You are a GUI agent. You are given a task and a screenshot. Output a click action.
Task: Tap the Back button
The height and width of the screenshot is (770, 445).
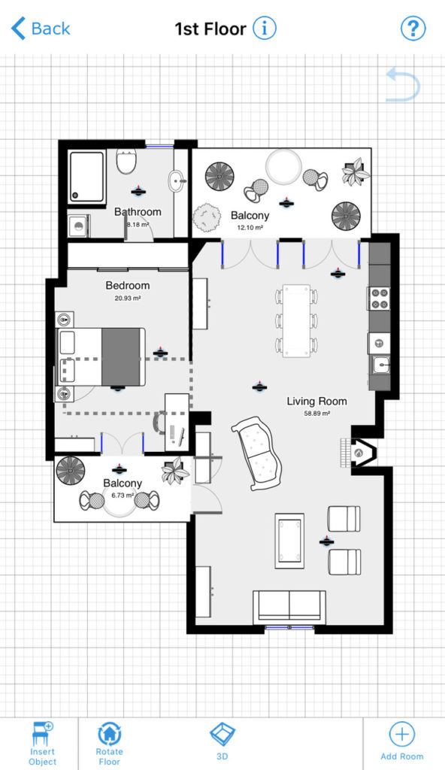tap(41, 29)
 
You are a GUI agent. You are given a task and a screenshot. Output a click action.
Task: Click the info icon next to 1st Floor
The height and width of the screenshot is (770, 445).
tap(264, 29)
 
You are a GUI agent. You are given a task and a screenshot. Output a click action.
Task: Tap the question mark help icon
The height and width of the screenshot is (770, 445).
tap(413, 29)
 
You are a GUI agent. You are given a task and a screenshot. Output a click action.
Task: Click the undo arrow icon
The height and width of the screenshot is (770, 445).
tap(402, 84)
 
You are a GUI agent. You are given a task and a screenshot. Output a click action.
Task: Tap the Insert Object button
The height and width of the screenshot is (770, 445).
tap(43, 743)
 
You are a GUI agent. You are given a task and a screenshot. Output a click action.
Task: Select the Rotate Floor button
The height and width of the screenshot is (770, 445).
tap(110, 743)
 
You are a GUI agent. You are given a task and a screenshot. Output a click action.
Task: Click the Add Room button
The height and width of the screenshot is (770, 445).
tap(402, 743)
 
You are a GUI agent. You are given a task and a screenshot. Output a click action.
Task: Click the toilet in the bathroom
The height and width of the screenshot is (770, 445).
tap(126, 161)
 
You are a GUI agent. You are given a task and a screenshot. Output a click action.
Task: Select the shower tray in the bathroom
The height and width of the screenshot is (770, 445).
tap(87, 176)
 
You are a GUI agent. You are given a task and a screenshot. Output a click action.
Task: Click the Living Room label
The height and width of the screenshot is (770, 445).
tap(316, 402)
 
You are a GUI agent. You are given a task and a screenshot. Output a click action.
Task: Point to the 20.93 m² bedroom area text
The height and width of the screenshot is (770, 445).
tap(127, 298)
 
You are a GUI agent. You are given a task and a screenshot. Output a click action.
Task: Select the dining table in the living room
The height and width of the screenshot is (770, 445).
tap(297, 320)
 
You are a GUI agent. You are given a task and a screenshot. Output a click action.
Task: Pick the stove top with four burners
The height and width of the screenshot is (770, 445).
tap(379, 299)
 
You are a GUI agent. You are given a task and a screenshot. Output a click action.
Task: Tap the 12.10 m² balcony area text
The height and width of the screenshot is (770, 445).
tap(250, 226)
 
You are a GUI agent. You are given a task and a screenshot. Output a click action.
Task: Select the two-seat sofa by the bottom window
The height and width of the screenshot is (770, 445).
tap(289, 606)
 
